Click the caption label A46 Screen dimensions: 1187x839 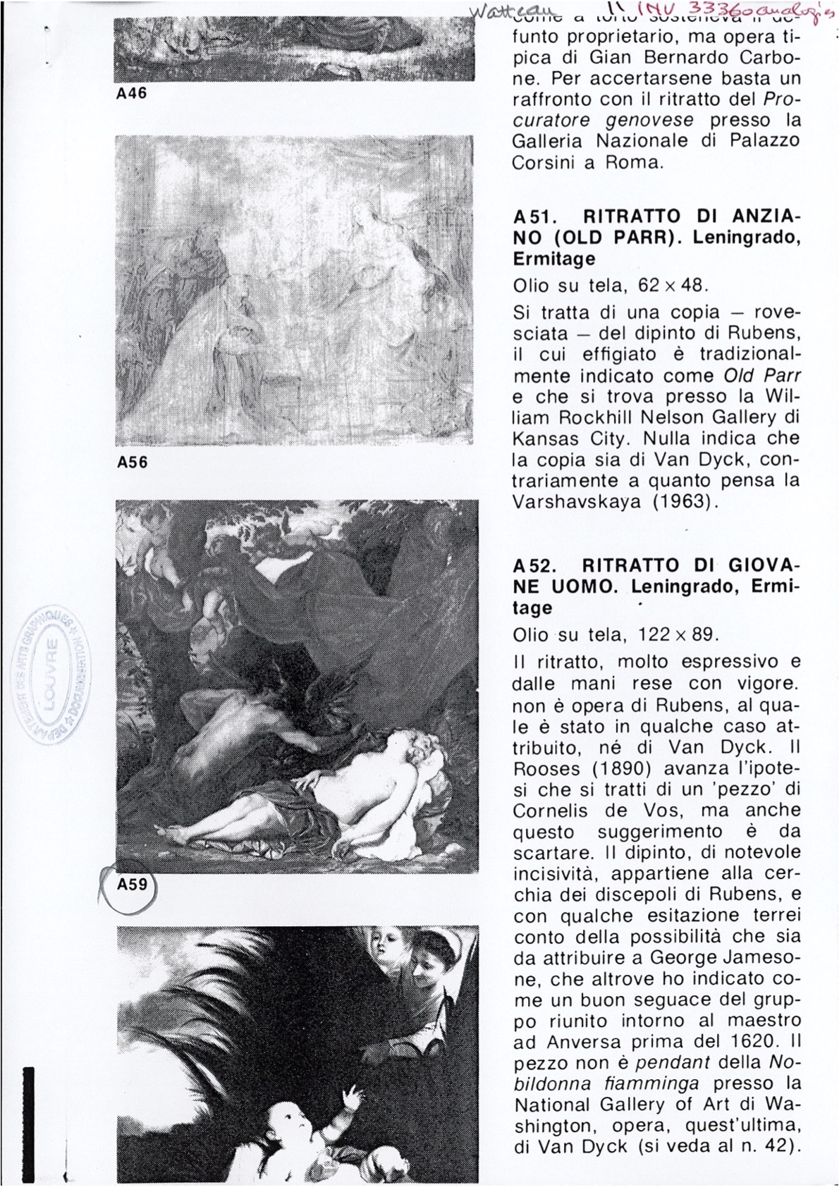pyautogui.click(x=131, y=93)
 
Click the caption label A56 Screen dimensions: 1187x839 pyautogui.click(x=132, y=462)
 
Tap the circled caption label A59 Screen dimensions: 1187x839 pyautogui.click(x=132, y=884)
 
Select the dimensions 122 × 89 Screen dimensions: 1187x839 pyautogui.click(x=677, y=634)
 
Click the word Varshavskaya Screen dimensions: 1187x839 pyautogui.click(x=582, y=502)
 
